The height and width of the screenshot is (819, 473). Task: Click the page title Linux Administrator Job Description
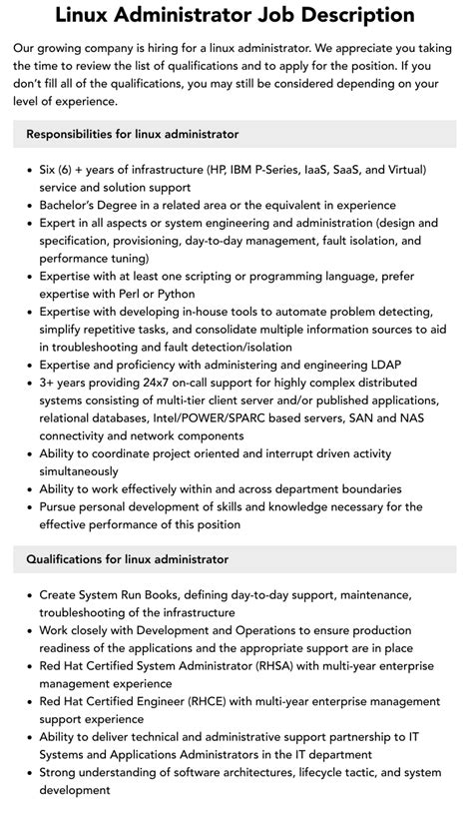[236, 15]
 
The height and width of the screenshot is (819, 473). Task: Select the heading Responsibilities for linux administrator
[132, 134]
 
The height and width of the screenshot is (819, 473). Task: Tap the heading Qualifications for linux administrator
[127, 559]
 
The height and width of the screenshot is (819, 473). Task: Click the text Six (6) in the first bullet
[60, 170]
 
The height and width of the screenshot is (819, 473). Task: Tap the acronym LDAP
[381, 366]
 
